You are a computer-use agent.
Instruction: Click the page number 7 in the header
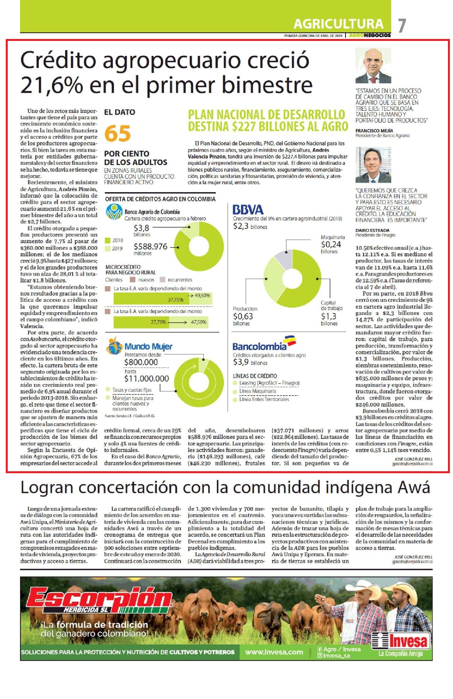pos(402,25)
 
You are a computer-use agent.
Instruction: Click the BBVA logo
pos(248,210)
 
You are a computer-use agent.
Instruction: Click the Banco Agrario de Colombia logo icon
pos(114,213)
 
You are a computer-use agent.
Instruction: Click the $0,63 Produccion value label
pos(243,316)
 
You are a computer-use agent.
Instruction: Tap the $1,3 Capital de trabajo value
pos(329,316)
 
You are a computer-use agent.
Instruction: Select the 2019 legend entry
pos(115,249)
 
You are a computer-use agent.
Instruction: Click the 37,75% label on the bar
pos(175,300)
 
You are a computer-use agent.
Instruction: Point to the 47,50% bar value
pos(199,322)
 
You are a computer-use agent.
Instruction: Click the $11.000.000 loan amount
pos(146,379)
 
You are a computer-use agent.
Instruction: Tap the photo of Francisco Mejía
pos(373,66)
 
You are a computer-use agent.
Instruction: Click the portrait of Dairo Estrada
pos(373,165)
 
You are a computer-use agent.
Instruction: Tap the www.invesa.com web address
pos(274,652)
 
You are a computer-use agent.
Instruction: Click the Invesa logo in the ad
pos(401,641)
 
